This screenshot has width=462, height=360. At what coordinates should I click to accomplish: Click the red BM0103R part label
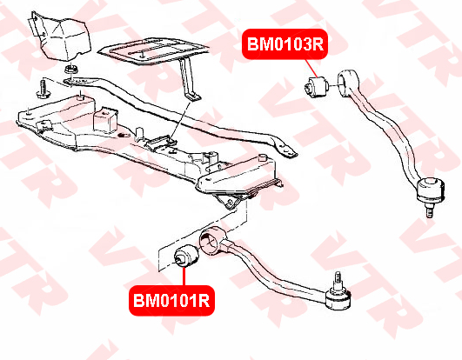[285, 44]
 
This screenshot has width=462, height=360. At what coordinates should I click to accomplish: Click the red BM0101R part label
[171, 301]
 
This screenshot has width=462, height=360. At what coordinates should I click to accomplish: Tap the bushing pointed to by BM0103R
[316, 87]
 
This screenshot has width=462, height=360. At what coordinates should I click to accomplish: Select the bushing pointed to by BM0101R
[186, 255]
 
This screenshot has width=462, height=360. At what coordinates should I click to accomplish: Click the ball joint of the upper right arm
[431, 190]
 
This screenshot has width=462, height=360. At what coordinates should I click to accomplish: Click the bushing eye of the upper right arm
[348, 83]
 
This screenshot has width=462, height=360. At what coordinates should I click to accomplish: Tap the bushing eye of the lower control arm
[213, 240]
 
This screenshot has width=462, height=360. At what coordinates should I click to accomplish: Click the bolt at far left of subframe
[44, 89]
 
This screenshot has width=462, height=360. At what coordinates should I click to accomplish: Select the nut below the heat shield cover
[70, 70]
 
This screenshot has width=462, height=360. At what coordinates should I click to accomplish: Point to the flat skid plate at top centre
[153, 50]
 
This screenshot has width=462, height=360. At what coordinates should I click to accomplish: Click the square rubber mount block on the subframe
[105, 120]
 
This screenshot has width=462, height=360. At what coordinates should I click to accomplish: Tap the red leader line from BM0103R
[312, 69]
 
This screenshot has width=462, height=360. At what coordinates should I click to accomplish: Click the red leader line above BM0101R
[184, 276]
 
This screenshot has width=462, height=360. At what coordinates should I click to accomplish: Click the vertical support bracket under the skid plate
[189, 79]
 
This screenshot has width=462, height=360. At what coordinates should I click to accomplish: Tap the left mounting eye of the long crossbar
[71, 81]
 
